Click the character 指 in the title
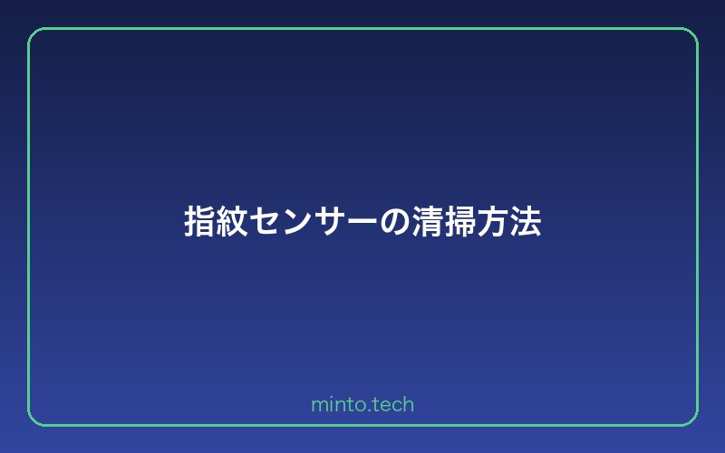click(199, 221)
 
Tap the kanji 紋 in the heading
click(232, 221)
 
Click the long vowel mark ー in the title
click(362, 221)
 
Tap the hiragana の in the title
click(395, 221)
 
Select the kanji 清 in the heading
click(428, 221)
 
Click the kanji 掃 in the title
click(460, 221)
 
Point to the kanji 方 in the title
click(493, 221)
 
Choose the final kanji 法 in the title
click(526, 221)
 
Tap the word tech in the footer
click(392, 405)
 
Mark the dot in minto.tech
click(368, 410)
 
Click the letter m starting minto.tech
click(318, 406)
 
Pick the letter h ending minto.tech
click(409, 404)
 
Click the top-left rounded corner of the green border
click(34, 34)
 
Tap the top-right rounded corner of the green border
click(691, 34)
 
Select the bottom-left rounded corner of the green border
click(34, 419)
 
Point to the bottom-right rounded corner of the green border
click(691, 419)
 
